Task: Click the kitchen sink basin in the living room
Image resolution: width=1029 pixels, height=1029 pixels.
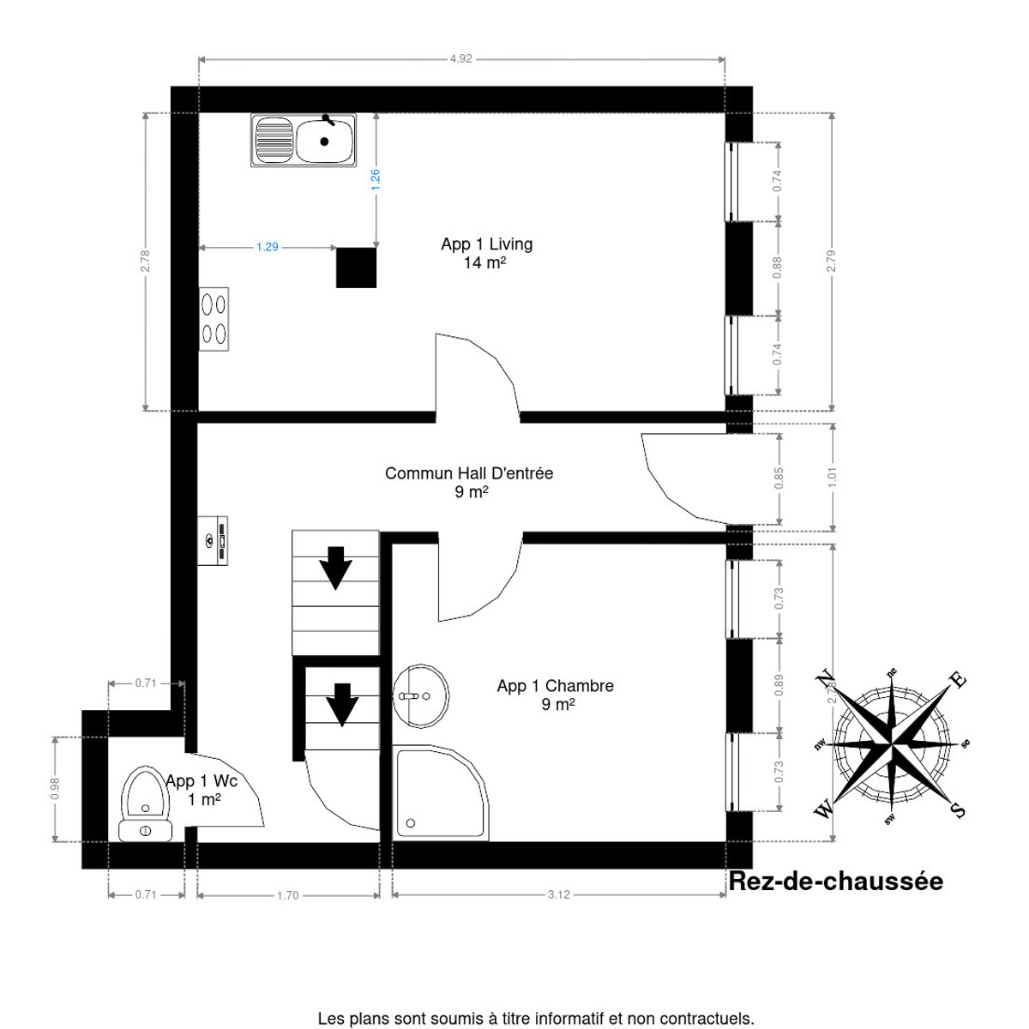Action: coord(324,141)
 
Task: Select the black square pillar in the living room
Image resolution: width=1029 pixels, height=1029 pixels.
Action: coord(356,268)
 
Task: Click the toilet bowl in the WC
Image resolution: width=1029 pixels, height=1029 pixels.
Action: coord(144,793)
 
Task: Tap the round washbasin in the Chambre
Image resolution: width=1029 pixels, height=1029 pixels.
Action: coord(421,695)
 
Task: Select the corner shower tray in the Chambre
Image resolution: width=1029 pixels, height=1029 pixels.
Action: coord(439,792)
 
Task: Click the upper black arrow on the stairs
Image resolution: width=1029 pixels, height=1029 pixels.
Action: coord(335,568)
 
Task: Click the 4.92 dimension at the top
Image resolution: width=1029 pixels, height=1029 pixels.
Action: coord(461,59)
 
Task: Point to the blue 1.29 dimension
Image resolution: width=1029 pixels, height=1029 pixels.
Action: coord(268,247)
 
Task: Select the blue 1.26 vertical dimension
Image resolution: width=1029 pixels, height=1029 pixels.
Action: coord(375,178)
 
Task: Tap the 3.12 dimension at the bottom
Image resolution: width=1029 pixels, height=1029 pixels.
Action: coord(558,894)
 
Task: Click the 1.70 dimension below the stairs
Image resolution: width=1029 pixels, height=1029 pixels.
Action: coord(287,895)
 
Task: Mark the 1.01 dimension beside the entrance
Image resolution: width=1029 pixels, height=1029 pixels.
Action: coord(831,476)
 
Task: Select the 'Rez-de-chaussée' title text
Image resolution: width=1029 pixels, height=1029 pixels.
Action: coord(835,882)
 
